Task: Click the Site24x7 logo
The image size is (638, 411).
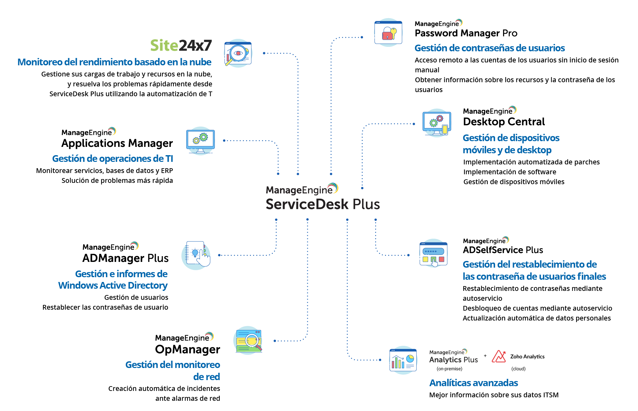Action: (x=181, y=46)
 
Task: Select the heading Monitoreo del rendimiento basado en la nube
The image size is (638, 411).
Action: (x=114, y=62)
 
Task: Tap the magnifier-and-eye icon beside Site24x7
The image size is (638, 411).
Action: (x=238, y=53)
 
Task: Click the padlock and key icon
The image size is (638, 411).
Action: (x=388, y=32)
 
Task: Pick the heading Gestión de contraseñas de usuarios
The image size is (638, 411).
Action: (x=490, y=48)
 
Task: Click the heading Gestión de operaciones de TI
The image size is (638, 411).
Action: (x=113, y=159)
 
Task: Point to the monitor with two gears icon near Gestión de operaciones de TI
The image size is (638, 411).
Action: (x=201, y=141)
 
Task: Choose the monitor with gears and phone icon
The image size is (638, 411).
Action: (x=437, y=123)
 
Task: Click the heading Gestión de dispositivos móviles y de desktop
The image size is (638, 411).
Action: (x=511, y=144)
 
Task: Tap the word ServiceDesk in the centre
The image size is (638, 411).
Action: (x=308, y=204)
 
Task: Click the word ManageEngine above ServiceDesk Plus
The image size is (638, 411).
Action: (x=299, y=190)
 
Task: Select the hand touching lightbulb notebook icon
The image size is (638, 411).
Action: (x=196, y=255)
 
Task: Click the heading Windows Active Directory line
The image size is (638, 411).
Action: (x=113, y=285)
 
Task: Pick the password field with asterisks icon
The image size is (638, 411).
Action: (x=433, y=253)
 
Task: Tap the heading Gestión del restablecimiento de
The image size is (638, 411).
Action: (x=530, y=264)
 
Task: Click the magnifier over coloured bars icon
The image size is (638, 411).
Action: (x=248, y=341)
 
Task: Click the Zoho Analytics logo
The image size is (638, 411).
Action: (x=518, y=357)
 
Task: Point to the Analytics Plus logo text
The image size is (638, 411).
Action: (x=453, y=360)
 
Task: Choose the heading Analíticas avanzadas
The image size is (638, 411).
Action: (x=473, y=383)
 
